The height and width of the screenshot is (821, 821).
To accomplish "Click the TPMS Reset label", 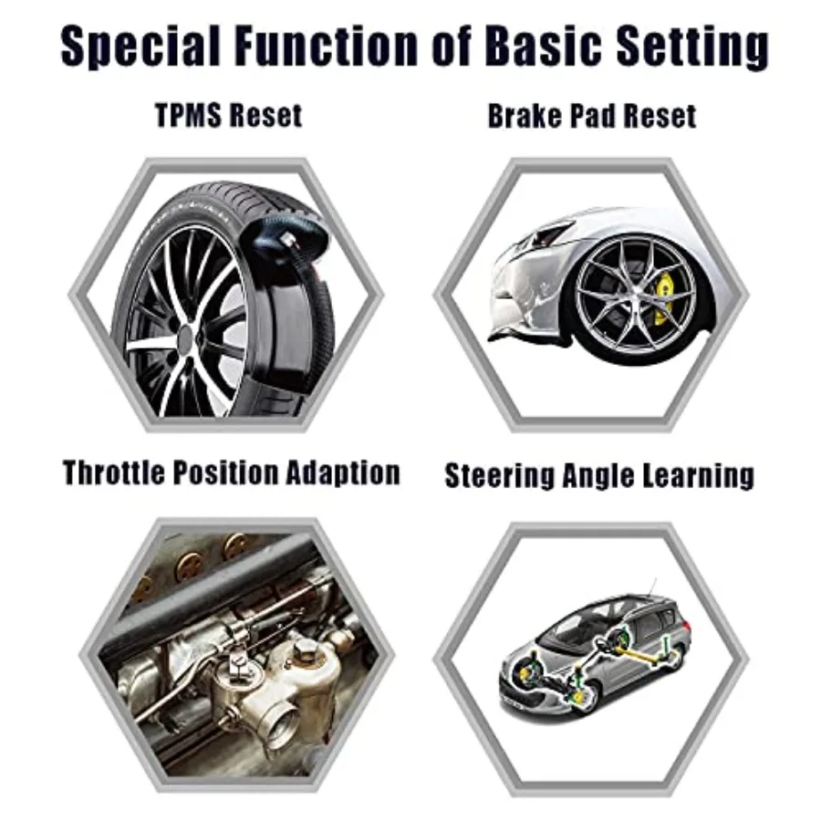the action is coord(228,116).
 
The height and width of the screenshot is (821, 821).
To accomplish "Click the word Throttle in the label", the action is coord(122,473).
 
